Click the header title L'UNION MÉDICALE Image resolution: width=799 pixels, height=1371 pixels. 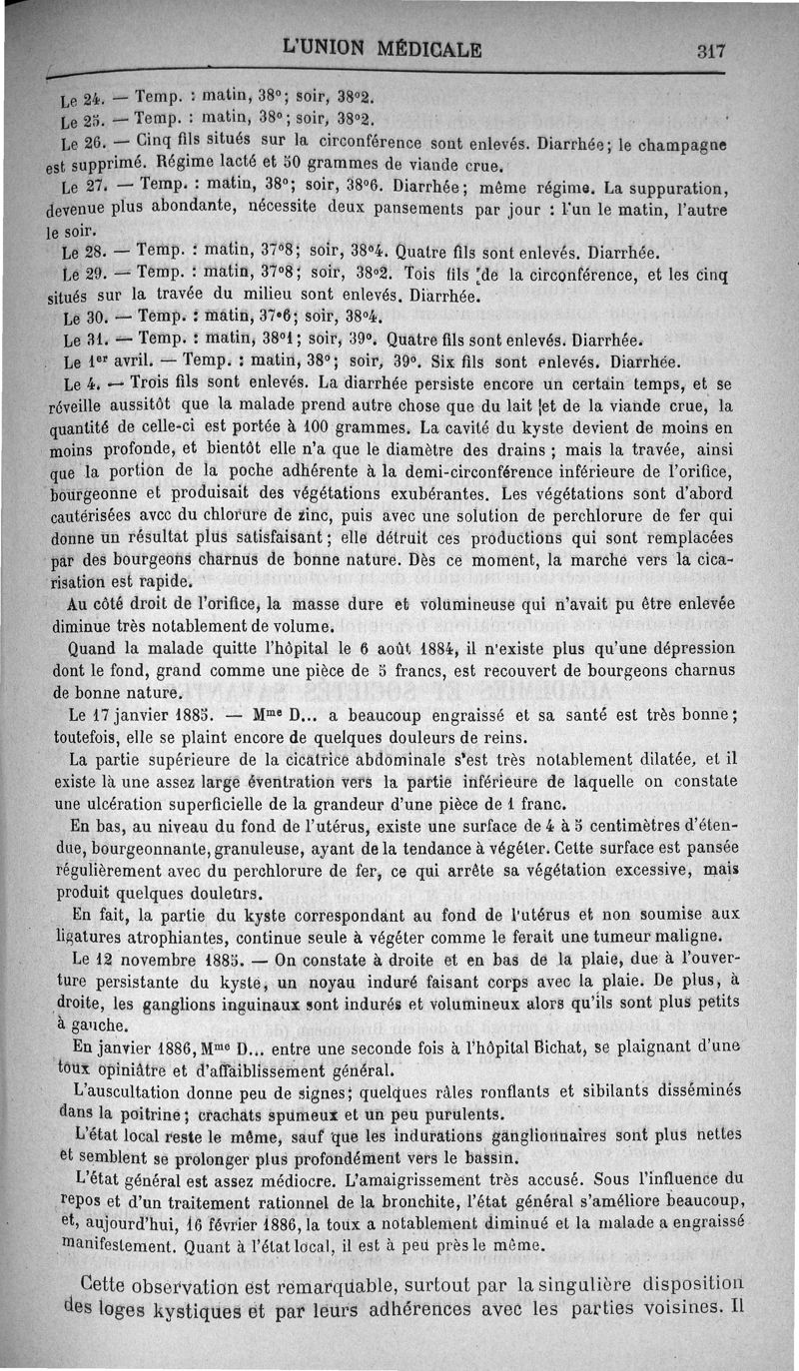point(383,48)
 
